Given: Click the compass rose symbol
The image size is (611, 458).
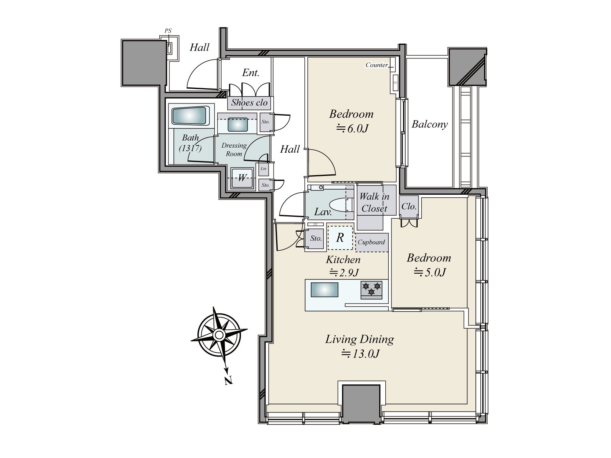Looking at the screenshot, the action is coord(219,335).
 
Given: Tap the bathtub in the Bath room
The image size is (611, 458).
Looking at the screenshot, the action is coord(191,116).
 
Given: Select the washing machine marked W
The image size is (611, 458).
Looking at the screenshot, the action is coord(242,178).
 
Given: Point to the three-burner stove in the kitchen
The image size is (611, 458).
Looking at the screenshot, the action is coord(371,290).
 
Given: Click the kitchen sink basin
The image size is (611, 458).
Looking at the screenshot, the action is coord(324,290).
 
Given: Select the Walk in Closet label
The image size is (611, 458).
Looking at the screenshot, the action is coord(374,202).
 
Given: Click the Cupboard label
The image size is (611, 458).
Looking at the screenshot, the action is coord(371,242).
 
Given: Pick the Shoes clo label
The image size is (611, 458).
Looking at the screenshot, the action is coord(249,103).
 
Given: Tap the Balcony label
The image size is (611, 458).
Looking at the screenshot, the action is coord(430,124).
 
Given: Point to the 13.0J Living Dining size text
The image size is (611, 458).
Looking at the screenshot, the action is coord(360,354).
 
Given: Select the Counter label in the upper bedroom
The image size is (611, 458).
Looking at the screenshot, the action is coord(377,65).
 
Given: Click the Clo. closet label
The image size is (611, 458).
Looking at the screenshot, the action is coord(409,206).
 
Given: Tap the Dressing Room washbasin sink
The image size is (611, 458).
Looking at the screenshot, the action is coord(238,124).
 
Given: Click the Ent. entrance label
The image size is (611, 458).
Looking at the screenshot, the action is coord(251,73).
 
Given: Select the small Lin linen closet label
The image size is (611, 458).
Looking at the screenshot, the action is coord(263,169).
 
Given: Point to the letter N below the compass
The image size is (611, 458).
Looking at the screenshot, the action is coord(228,380).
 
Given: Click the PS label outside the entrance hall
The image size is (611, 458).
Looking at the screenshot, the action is coord(168,31).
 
